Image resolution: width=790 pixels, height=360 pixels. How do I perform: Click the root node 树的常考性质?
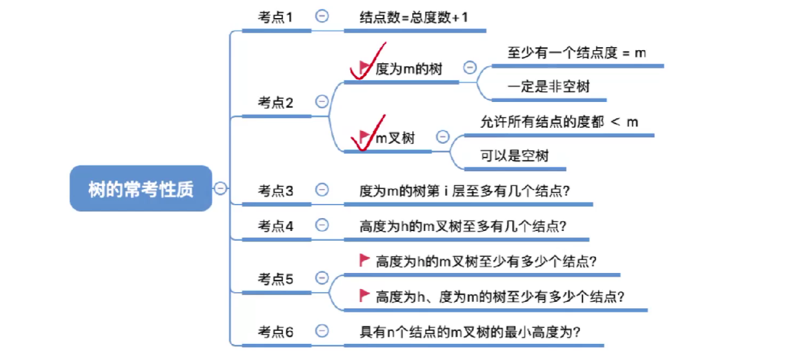pyautogui.click(x=141, y=189)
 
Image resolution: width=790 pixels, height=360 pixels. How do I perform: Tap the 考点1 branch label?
pyautogui.click(x=275, y=17)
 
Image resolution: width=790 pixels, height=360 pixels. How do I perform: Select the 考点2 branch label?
pyautogui.click(x=275, y=102)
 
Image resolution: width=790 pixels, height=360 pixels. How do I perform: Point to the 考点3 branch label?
pyautogui.click(x=275, y=191)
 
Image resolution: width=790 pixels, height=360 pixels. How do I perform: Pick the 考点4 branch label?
pyautogui.click(x=275, y=226)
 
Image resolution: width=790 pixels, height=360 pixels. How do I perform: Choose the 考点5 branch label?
pyautogui.click(x=275, y=279)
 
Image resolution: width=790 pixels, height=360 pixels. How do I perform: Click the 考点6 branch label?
pyautogui.click(x=275, y=332)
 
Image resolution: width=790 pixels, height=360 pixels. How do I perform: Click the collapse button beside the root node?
pyautogui.click(x=221, y=188)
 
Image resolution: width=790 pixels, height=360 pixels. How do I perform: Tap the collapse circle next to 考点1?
pyautogui.click(x=321, y=16)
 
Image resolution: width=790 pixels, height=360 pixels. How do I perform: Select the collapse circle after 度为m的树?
pyautogui.click(x=470, y=68)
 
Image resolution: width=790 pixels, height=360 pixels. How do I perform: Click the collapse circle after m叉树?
pyautogui.click(x=442, y=136)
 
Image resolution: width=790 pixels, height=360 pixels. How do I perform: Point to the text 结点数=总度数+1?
pyautogui.click(x=413, y=17)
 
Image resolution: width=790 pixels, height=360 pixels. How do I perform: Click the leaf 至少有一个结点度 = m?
pyautogui.click(x=577, y=53)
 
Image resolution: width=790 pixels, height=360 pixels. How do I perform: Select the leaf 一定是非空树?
pyautogui.click(x=548, y=86)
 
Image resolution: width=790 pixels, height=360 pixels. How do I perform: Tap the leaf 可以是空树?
pyautogui.click(x=514, y=155)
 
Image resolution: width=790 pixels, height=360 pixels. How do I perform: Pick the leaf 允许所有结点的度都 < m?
pyautogui.click(x=558, y=121)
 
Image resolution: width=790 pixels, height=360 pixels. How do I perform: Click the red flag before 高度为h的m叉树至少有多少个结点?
pyautogui.click(x=364, y=260)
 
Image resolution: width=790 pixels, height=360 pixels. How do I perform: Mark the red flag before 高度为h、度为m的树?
pyautogui.click(x=364, y=295)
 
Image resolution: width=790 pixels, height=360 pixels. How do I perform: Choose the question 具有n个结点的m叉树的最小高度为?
pyautogui.click(x=470, y=332)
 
